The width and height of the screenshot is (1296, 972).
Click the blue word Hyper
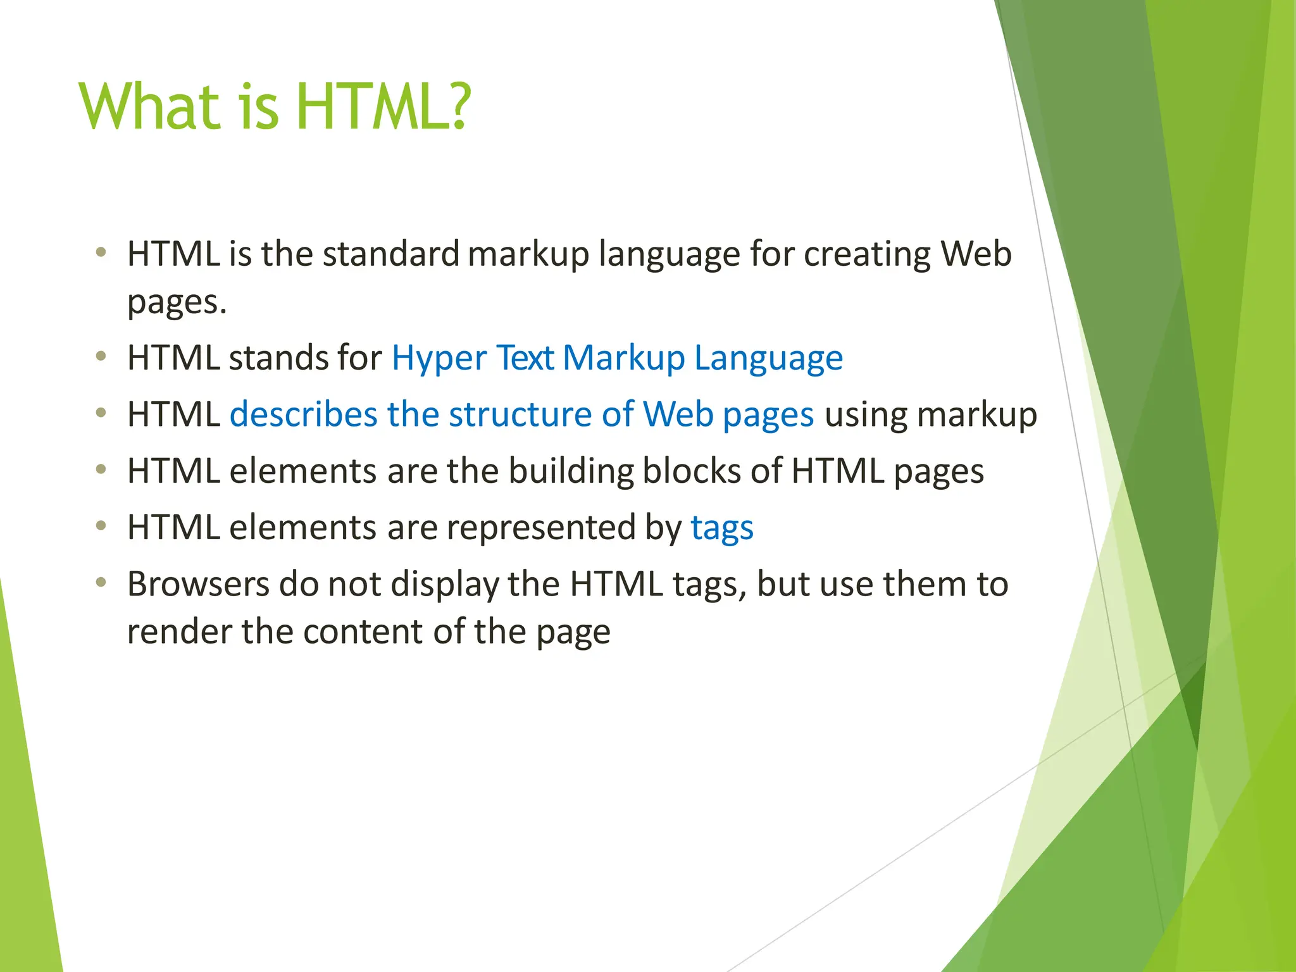pos(439,359)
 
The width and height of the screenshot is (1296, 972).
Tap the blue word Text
pos(525,358)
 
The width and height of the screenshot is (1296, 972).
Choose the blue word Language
pos(768,359)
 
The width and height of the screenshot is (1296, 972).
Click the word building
pos(570,472)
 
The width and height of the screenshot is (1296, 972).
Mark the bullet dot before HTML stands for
pos(101,357)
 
